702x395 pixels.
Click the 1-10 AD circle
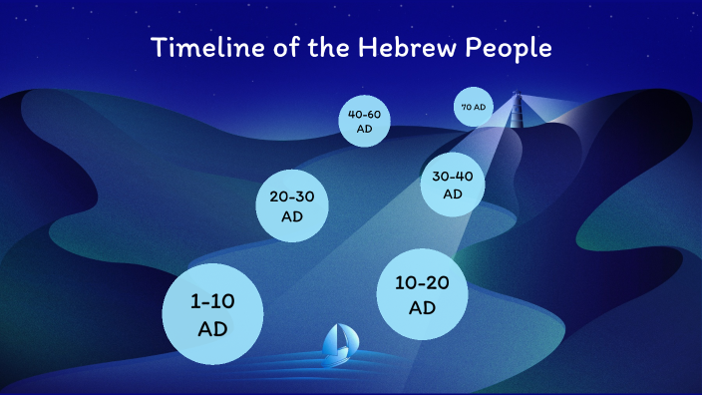click(x=212, y=313)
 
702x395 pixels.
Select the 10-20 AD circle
click(x=423, y=294)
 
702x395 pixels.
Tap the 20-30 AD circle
click(x=292, y=205)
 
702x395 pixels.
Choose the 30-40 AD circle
click(x=453, y=185)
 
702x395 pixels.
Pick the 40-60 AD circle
click(x=364, y=121)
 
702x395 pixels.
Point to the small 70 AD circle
click(x=473, y=107)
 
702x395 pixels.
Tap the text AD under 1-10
click(x=212, y=328)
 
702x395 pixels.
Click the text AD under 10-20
click(x=423, y=307)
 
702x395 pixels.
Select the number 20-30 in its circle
click(x=292, y=197)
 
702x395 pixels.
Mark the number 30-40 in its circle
click(x=453, y=177)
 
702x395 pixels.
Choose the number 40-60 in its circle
click(x=364, y=115)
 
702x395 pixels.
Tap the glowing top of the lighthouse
click(x=517, y=98)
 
